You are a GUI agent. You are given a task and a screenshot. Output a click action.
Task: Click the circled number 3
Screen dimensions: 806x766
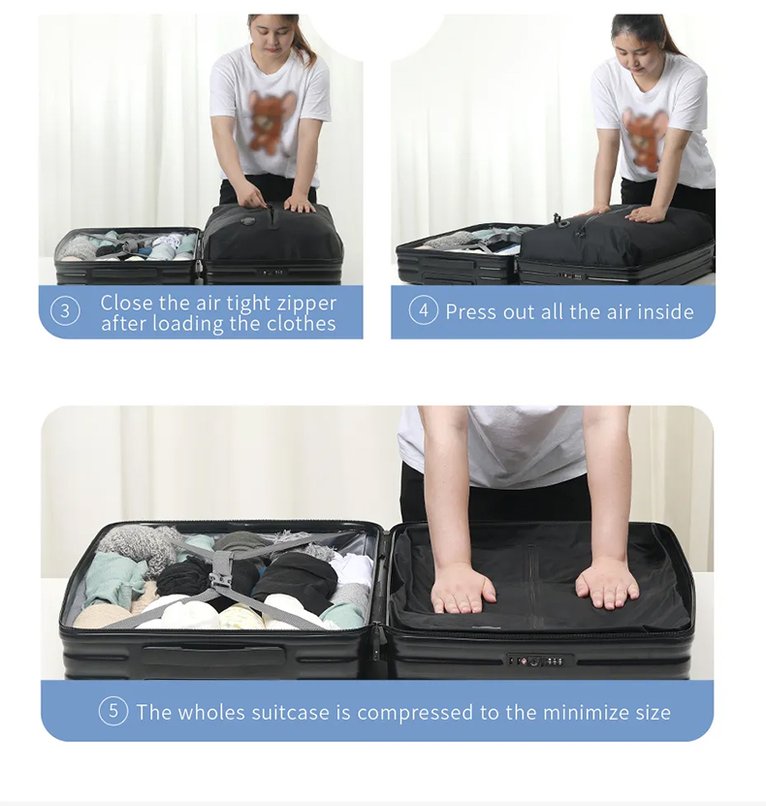(65, 311)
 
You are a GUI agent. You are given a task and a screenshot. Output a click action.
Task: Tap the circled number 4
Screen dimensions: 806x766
(423, 310)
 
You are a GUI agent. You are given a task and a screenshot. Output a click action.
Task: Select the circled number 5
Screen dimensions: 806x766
(112, 711)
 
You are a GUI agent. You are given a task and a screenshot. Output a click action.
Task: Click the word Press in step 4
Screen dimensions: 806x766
(474, 311)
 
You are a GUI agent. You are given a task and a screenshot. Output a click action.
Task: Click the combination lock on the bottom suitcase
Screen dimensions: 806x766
(532, 661)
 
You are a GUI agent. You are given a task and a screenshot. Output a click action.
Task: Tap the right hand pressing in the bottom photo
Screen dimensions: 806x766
(606, 582)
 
